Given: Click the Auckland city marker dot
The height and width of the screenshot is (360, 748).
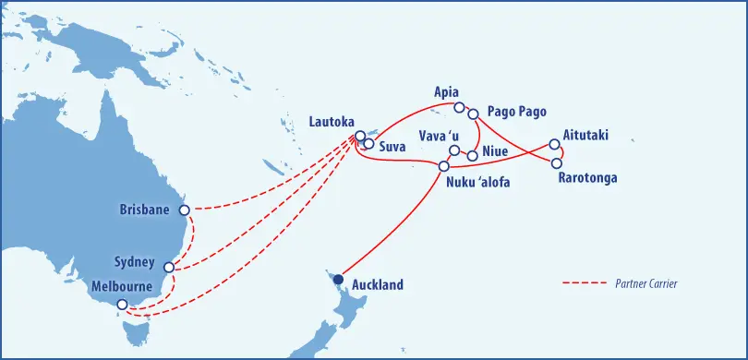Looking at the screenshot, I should [x=339, y=280].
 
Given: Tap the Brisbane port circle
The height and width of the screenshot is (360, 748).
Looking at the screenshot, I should [x=184, y=210].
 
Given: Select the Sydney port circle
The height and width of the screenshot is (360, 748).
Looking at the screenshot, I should [x=169, y=269].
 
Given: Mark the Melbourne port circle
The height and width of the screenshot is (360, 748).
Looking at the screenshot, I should [x=121, y=304].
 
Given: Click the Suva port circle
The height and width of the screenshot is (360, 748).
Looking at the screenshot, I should [x=368, y=144].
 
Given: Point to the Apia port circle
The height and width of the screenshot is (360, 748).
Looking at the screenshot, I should [x=459, y=108].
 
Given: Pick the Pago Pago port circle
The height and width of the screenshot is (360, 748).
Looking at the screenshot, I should [x=473, y=114].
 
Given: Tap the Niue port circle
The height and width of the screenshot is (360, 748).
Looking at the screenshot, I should [x=473, y=155].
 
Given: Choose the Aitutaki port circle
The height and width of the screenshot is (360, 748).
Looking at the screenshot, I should [x=554, y=144].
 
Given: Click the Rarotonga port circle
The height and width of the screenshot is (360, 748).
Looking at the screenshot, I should [x=557, y=163].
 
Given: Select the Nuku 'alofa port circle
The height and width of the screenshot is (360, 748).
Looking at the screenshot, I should [x=444, y=167].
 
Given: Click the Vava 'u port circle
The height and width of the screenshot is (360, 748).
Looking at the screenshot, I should [x=454, y=150].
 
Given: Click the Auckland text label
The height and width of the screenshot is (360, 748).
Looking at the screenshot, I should [x=378, y=285].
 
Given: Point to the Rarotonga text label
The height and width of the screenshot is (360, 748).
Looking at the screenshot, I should [x=587, y=178].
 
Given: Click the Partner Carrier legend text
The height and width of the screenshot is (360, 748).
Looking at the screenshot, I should [x=646, y=283].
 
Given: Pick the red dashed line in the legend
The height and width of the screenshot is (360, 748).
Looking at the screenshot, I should [x=583, y=283].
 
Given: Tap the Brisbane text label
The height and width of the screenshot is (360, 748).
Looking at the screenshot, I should [x=145, y=210].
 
